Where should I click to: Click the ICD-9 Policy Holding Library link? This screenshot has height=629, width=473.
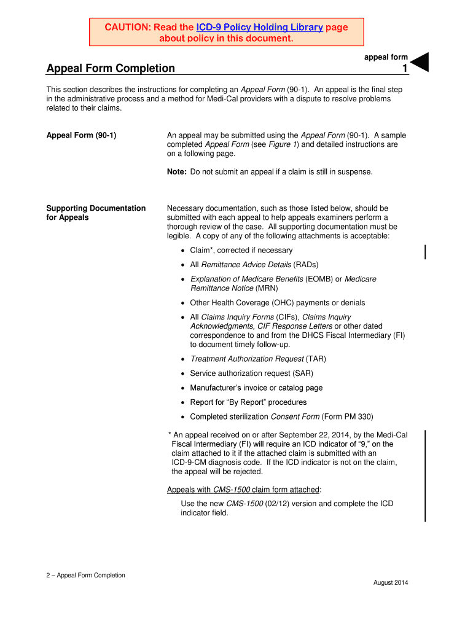click(259, 27)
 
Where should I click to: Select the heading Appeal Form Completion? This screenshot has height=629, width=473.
click(111, 68)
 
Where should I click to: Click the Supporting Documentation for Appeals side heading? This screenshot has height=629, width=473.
click(96, 213)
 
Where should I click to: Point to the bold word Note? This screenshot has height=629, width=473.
click(177, 172)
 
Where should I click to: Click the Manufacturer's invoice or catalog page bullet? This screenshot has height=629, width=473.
click(256, 388)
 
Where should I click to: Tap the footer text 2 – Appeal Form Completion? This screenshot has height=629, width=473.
click(86, 576)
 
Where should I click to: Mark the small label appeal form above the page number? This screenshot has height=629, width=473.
click(386, 57)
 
